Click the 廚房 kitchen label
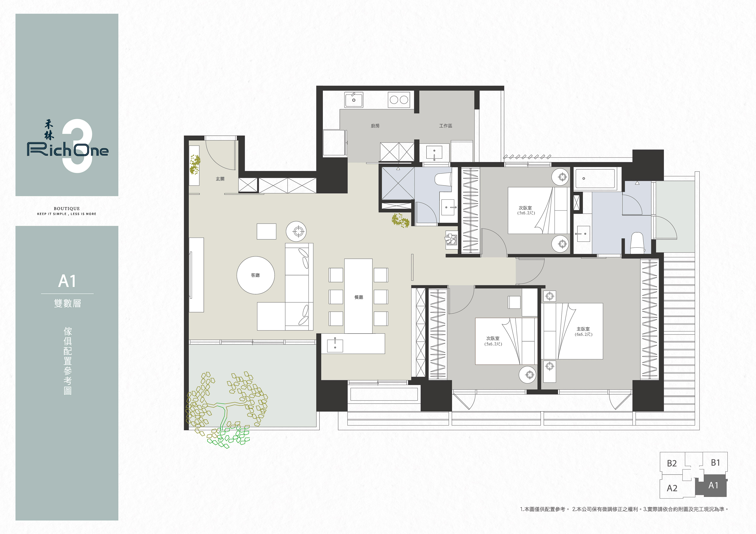[x=375, y=126]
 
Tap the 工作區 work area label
[x=445, y=126]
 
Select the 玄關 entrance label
[x=220, y=179]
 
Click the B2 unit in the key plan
[x=672, y=463]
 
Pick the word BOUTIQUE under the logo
[x=67, y=208]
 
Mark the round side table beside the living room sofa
[x=296, y=231]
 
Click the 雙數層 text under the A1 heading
[x=67, y=303]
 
